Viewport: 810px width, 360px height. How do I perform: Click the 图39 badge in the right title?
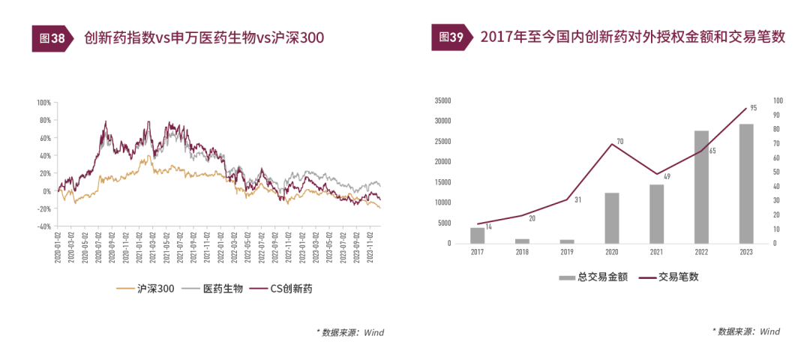(x=451, y=37)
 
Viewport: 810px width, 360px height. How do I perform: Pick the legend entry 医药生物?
(x=214, y=289)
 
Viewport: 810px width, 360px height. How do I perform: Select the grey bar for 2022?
(x=701, y=187)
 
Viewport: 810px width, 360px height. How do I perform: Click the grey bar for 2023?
(x=746, y=184)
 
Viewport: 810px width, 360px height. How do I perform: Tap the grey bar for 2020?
(x=612, y=217)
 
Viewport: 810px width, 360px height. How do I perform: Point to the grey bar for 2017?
(x=478, y=235)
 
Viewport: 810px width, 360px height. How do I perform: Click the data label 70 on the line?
(x=620, y=141)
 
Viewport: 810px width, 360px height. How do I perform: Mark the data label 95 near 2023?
(x=753, y=108)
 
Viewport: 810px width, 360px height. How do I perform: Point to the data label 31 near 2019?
(x=577, y=200)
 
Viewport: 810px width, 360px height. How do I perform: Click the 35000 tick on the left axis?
(x=442, y=100)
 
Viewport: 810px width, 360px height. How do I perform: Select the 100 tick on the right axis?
(x=778, y=100)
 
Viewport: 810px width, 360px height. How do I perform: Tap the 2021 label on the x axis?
(x=656, y=252)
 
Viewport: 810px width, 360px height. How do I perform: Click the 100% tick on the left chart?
(x=43, y=102)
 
